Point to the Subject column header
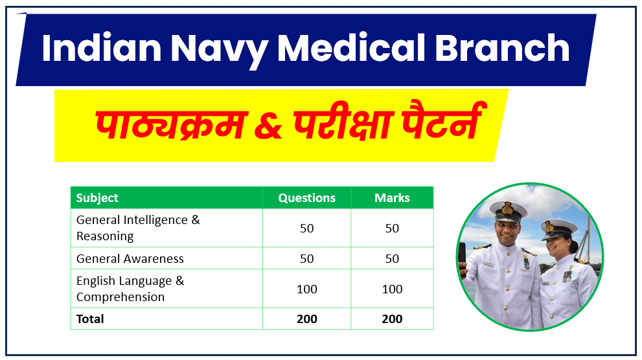point(97,198)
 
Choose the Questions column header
point(306,198)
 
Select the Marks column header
point(392,198)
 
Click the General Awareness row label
point(130,258)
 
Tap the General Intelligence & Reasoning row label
point(138,228)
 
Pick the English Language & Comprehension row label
point(130,289)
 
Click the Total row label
point(90,319)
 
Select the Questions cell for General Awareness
point(306,258)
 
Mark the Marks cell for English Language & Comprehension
point(392,289)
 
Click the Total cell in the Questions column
point(306,319)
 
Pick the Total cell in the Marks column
point(392,319)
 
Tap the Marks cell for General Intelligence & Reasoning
point(392,228)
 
